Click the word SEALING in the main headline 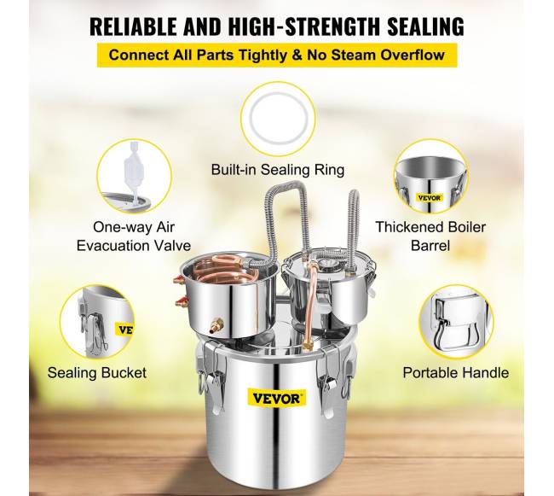tap(426, 26)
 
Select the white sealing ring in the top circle tap(278, 119)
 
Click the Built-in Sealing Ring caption tap(278, 170)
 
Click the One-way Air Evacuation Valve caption tap(134, 236)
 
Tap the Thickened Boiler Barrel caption tap(430, 236)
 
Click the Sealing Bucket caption tap(97, 372)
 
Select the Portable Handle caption tap(456, 372)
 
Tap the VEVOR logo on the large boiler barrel tap(277, 399)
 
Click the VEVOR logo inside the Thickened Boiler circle tap(429, 198)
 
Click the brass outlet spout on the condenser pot tap(217, 324)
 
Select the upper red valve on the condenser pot tap(179, 280)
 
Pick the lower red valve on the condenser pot tap(181, 301)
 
